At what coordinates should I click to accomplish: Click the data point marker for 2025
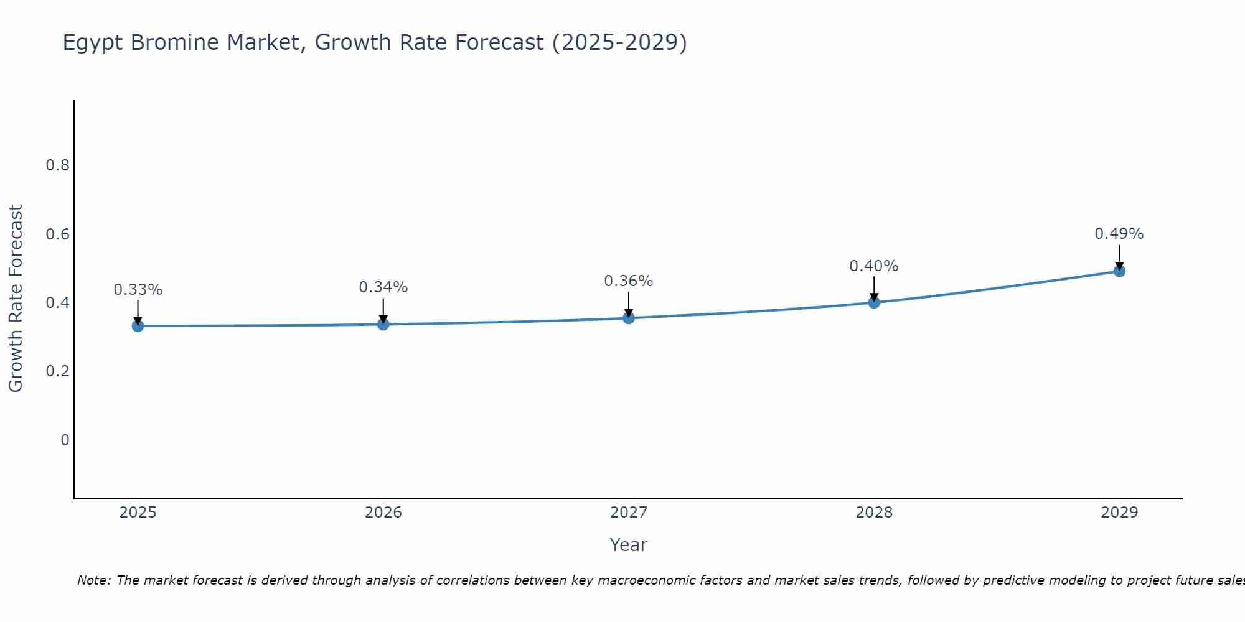[x=138, y=326]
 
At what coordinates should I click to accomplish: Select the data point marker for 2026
[x=383, y=324]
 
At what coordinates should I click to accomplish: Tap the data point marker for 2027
[x=629, y=318]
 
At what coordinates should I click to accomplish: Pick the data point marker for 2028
[x=874, y=302]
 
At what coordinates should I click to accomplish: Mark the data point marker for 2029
[x=1119, y=271]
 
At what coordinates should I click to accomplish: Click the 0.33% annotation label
[x=138, y=290]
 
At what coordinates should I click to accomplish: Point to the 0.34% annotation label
[x=383, y=287]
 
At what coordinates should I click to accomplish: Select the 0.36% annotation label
[x=629, y=281]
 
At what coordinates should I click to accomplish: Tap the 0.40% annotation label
[x=874, y=266]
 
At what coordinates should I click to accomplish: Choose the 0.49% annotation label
[x=1119, y=234]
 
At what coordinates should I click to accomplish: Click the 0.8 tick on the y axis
[x=57, y=165]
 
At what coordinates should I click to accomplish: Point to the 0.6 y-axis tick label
[x=57, y=234]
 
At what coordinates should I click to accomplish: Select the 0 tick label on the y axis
[x=65, y=440]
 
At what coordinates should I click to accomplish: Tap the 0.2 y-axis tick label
[x=57, y=371]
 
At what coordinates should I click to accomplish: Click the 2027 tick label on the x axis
[x=629, y=513]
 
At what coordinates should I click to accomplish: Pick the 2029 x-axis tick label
[x=1119, y=513]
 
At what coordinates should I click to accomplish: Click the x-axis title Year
[x=629, y=545]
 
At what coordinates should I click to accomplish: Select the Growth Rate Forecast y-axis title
[x=16, y=299]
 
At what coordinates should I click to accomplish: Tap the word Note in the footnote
[x=93, y=580]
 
